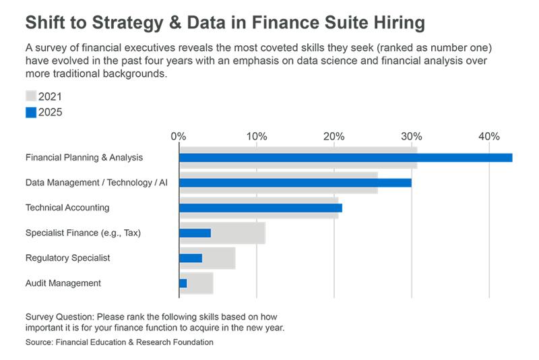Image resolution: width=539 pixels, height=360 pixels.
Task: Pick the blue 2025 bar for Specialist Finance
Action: click(x=195, y=233)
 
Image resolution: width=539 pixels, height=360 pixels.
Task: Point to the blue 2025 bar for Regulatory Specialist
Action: click(x=191, y=258)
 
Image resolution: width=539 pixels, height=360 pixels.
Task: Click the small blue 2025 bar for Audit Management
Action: click(x=183, y=283)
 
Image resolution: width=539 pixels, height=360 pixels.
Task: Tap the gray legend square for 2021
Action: click(x=31, y=96)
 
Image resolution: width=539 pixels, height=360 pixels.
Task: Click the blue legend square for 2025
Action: click(x=31, y=112)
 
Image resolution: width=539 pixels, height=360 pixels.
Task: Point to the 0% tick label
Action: click(x=179, y=137)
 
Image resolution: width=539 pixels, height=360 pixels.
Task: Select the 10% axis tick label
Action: click(x=257, y=137)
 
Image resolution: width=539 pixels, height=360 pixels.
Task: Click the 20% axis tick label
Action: click(x=334, y=137)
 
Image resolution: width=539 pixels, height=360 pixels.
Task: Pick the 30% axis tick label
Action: click(x=412, y=137)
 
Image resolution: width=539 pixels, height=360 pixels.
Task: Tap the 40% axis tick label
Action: click(x=489, y=137)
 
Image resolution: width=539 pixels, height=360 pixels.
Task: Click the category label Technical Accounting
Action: click(x=67, y=208)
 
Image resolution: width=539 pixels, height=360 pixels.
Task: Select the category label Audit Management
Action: click(x=63, y=283)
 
